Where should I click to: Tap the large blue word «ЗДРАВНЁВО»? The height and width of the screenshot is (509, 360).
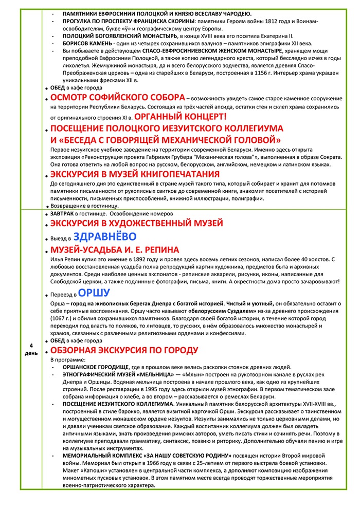pyautogui.click(x=105, y=236)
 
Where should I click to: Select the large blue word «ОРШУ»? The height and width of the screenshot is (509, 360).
pyautogui.click(x=95, y=294)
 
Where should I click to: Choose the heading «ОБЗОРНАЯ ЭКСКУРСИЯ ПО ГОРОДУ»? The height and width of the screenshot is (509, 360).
pyautogui.click(x=124, y=350)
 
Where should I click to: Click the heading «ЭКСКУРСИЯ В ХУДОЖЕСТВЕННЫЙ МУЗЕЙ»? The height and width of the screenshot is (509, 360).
pyautogui.click(x=137, y=223)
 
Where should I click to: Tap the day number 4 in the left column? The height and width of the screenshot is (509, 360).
pyautogui.click(x=31, y=346)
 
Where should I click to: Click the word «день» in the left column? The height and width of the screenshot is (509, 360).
pyautogui.click(x=31, y=353)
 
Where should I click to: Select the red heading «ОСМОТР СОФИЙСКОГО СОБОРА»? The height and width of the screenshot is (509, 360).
pyautogui.click(x=118, y=98)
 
